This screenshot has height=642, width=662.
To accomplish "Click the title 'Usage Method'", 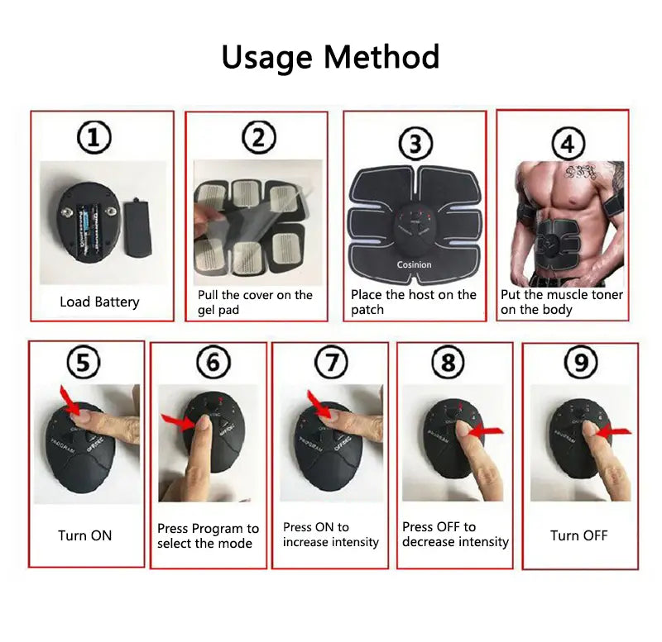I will (x=330, y=57).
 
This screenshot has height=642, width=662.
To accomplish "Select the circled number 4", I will (x=567, y=144).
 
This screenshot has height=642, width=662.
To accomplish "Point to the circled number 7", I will (x=332, y=362).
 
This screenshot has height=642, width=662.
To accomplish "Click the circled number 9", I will (x=580, y=362).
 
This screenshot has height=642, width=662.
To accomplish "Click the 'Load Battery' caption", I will (x=99, y=302).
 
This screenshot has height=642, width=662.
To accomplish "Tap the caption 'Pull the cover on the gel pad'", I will (x=255, y=302).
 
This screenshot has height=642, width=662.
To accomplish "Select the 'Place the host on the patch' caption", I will (x=414, y=302).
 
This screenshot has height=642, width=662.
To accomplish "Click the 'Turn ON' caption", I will (x=84, y=535).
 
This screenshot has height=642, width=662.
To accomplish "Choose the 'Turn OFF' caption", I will (x=579, y=535).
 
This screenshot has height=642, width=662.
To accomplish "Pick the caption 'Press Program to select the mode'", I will (x=208, y=535).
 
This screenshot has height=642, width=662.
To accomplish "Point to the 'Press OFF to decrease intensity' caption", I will (x=455, y=534).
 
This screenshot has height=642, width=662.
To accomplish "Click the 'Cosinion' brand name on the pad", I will (x=414, y=264).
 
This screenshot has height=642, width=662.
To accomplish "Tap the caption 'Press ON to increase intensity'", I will (x=330, y=535).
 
